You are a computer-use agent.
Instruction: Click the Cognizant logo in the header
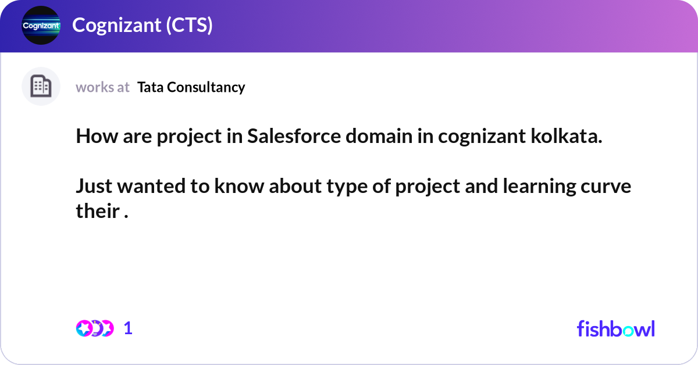(41, 26)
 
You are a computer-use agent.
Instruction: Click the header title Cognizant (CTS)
(142, 26)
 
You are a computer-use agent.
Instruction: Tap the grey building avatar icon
(41, 87)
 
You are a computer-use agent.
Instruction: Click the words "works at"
(102, 87)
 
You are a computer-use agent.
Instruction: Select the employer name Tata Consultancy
(191, 87)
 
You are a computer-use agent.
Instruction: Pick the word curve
(608, 187)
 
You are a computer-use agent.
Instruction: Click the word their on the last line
(97, 212)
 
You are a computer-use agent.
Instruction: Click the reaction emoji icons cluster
(94, 328)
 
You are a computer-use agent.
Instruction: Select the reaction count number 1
(128, 328)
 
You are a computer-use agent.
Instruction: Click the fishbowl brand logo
(615, 328)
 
